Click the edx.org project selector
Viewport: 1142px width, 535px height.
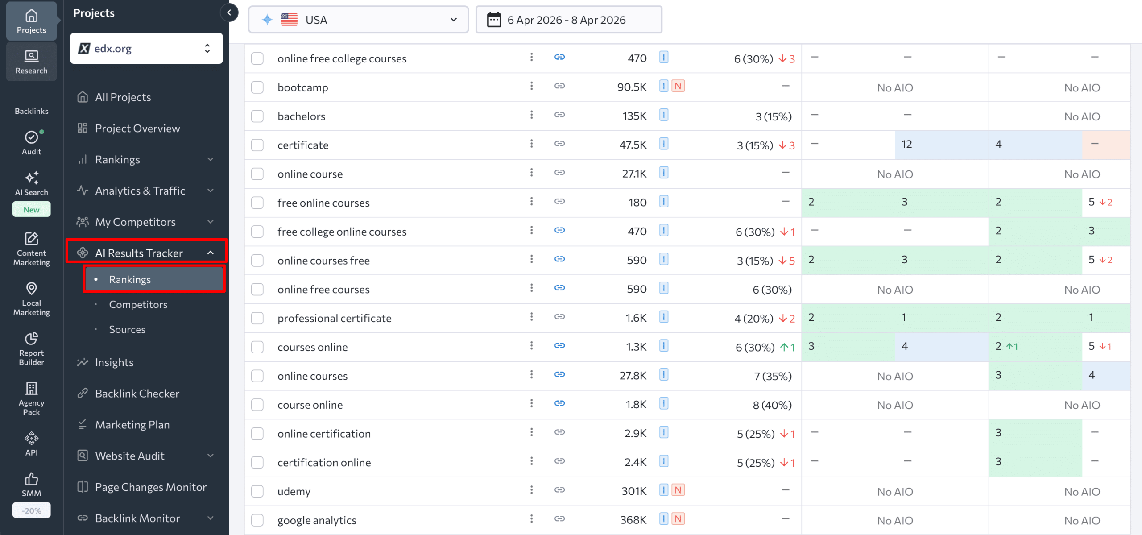coord(146,48)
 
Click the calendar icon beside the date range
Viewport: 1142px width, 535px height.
coord(494,20)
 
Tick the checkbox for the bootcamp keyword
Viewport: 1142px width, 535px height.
coord(257,87)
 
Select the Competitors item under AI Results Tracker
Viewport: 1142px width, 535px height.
coord(138,304)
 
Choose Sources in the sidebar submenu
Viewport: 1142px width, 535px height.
coord(127,329)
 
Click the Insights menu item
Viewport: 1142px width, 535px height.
coord(114,362)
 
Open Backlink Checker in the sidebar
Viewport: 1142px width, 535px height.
coord(137,394)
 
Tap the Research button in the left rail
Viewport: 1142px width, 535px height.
coord(31,62)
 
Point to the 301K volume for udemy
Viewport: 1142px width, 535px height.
coord(633,491)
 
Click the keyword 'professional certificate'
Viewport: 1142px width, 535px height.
coord(334,318)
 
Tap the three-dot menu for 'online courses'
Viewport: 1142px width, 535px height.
coord(531,375)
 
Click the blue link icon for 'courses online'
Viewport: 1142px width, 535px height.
coord(559,346)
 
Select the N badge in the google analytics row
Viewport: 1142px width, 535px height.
coord(678,519)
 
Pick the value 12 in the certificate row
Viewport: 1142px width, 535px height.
coord(906,145)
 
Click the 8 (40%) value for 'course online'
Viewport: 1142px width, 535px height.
coord(772,405)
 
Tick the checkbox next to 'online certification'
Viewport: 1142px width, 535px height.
coord(257,433)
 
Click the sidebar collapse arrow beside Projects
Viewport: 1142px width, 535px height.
coord(229,12)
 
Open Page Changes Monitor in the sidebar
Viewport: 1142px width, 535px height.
coord(150,487)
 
